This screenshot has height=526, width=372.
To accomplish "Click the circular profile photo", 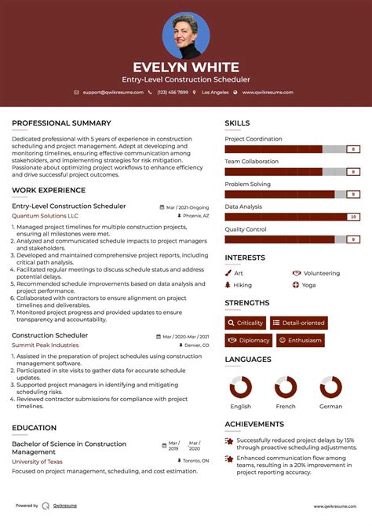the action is [186, 35].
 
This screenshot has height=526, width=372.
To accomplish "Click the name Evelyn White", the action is [186, 67].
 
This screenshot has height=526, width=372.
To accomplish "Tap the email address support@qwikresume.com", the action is [113, 93].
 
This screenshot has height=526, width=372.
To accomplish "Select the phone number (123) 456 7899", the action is [172, 93].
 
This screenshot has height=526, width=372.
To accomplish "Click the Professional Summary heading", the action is [61, 123].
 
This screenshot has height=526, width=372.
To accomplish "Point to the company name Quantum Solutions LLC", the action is [45, 215].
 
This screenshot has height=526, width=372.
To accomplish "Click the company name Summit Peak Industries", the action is [45, 345].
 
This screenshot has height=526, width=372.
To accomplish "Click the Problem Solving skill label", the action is [247, 184].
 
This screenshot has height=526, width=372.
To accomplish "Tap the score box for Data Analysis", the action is [353, 217].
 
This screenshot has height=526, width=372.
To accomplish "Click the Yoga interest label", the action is [308, 285].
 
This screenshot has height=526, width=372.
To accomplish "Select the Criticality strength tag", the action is [245, 323].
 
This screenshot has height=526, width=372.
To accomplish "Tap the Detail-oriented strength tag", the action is [298, 323].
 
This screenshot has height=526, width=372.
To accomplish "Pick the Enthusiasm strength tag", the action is [299, 340].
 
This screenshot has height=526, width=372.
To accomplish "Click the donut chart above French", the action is [286, 387].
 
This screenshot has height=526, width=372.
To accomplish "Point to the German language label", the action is [330, 407].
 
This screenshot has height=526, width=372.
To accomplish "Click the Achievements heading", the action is [254, 424].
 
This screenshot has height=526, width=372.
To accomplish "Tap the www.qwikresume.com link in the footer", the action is [336, 506].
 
